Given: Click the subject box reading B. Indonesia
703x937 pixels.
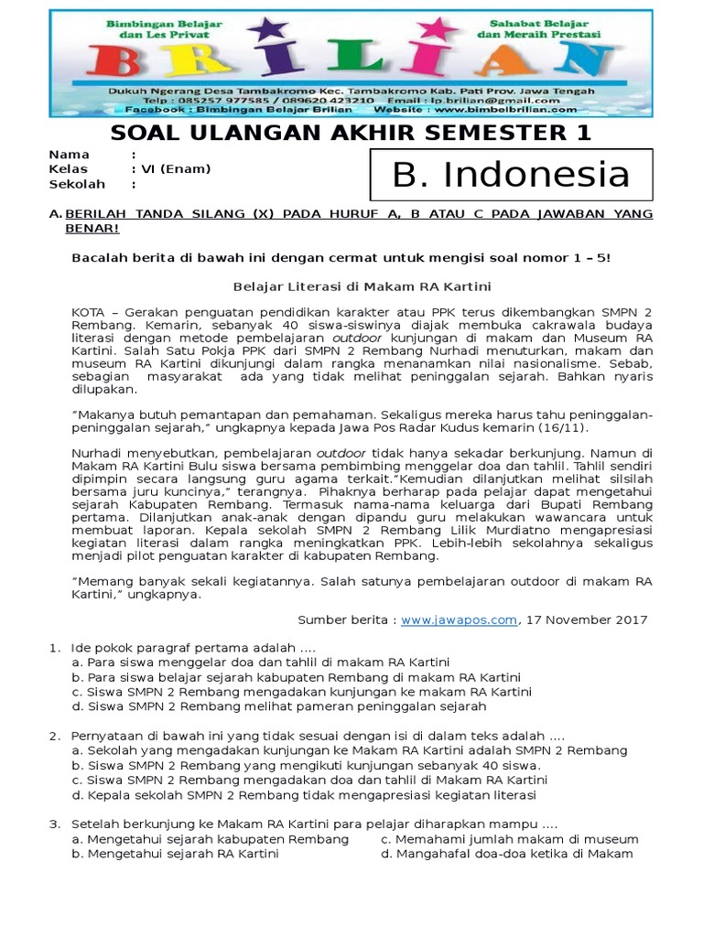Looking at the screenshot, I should coord(511,175).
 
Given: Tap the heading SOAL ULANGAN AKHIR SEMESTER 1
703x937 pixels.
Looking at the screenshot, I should coord(351,134).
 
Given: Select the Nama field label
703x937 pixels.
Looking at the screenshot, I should coord(70,155).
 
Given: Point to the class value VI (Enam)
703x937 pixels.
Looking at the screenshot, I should coord(175,169).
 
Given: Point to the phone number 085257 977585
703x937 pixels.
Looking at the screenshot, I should coord(240,100).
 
